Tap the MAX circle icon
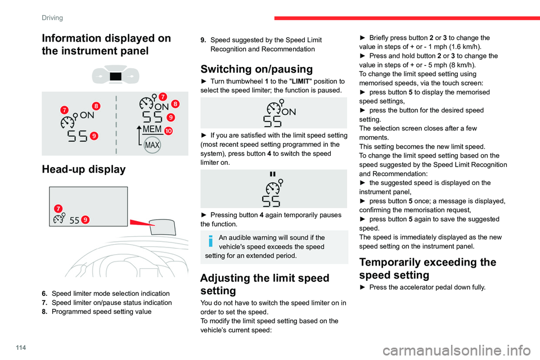pyautogui.click(x=152, y=145)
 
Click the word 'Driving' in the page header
pyautogui.click(x=52, y=17)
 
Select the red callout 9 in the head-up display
pyautogui.click(x=86, y=219)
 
